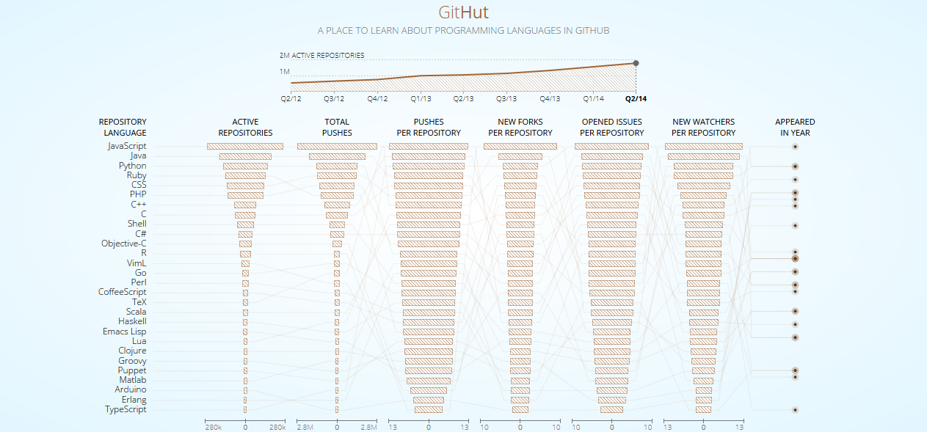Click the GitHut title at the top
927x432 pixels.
tap(463, 12)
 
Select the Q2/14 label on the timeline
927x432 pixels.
tap(636, 98)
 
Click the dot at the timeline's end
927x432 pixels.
tap(636, 63)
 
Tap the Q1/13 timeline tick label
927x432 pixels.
tap(421, 98)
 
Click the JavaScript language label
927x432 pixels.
tap(127, 146)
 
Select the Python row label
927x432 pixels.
tap(132, 166)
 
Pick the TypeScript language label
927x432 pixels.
tap(126, 409)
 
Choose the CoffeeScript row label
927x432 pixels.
tap(122, 292)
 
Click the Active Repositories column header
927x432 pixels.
tap(245, 128)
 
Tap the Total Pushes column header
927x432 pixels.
tap(337, 128)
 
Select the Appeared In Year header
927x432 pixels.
tap(795, 128)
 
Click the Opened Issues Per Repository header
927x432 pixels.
tap(611, 128)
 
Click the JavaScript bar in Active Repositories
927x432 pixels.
tap(245, 147)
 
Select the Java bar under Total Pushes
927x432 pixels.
tap(337, 156)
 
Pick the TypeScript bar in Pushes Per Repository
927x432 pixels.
tap(429, 409)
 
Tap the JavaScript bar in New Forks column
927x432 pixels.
tap(520, 147)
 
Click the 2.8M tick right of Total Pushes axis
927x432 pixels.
tap(368, 427)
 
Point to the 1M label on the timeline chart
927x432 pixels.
tap(285, 72)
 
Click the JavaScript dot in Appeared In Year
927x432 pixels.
tap(795, 147)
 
